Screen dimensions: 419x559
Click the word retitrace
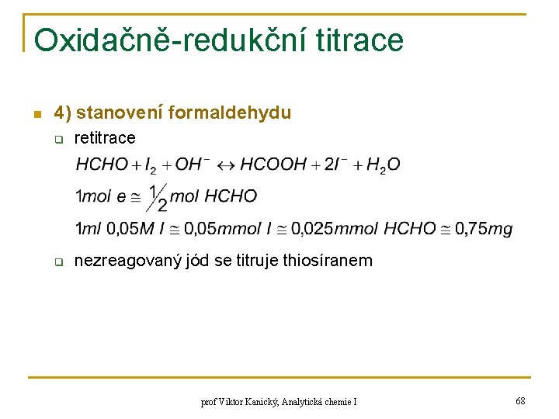tap(104, 138)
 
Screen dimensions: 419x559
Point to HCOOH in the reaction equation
tap(273, 164)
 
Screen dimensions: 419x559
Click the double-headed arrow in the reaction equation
tap(224, 164)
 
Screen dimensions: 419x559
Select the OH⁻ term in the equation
tap(193, 164)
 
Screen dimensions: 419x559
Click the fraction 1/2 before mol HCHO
tap(157, 197)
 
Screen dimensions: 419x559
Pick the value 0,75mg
tap(484, 228)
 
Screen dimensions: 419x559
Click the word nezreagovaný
tap(127, 261)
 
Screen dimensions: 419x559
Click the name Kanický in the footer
tap(262, 402)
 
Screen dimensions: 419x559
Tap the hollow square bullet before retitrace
tap(57, 140)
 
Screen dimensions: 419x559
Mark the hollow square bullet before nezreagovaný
tap(57, 262)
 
